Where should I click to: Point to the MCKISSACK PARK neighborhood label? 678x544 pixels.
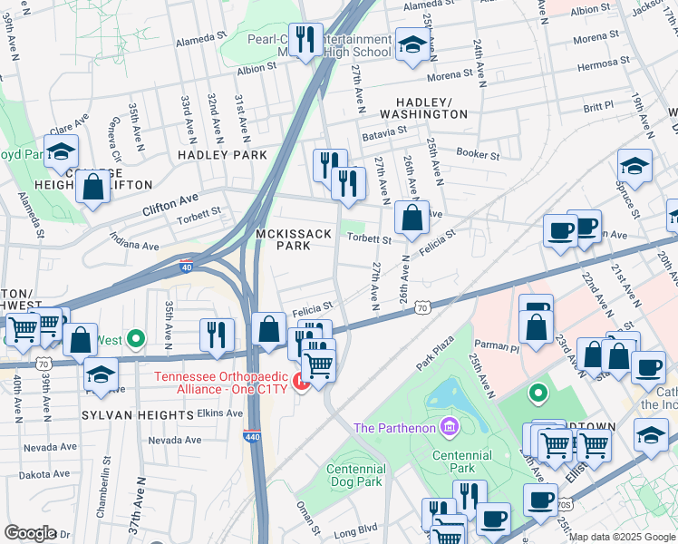tap(293, 239)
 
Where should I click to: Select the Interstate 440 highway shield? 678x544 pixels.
tap(253, 437)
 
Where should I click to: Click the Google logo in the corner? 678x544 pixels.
tap(31, 533)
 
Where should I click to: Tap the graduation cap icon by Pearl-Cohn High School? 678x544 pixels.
tap(412, 45)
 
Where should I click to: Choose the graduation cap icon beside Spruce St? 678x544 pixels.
tap(634, 166)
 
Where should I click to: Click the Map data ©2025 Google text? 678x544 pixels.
tap(621, 537)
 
